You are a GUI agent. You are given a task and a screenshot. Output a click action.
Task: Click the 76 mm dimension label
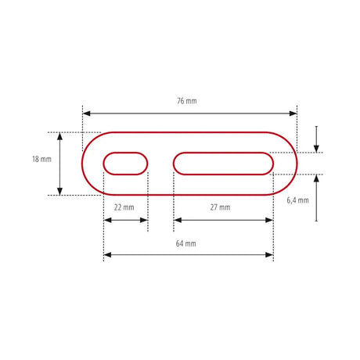pos(187,101)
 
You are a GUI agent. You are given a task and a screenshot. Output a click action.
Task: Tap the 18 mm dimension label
pos(41,159)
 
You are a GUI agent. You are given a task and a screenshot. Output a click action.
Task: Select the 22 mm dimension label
pos(124,207)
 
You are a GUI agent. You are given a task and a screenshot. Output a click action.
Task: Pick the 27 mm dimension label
pos(220,207)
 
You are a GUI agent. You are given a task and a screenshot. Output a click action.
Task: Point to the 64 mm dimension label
pos(185,243)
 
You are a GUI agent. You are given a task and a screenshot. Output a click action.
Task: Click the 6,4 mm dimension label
pos(297,200)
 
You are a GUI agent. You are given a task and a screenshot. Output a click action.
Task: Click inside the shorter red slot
pos(125,164)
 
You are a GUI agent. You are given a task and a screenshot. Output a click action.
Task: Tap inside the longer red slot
pos(223,164)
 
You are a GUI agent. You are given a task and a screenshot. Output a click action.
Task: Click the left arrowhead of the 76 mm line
pos(86,113)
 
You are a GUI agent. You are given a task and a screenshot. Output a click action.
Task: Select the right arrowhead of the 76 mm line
pos(293,113)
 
